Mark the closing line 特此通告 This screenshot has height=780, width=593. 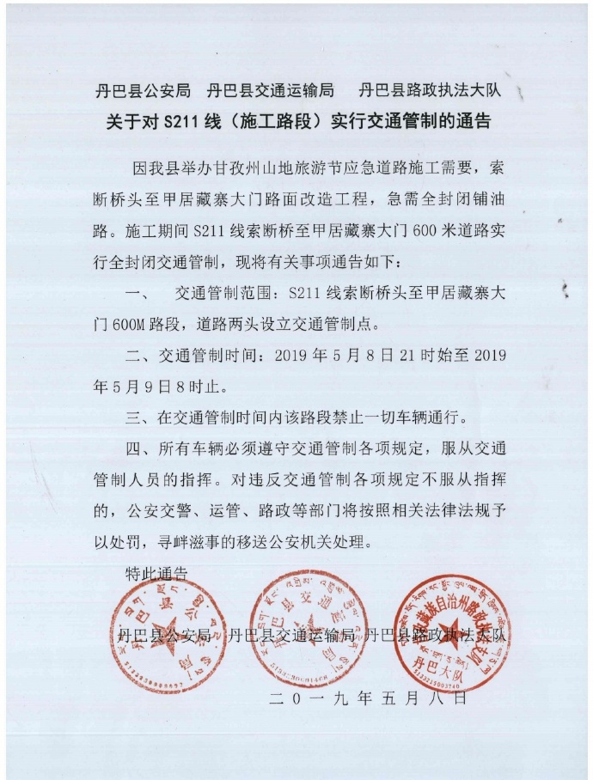(x=156, y=573)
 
